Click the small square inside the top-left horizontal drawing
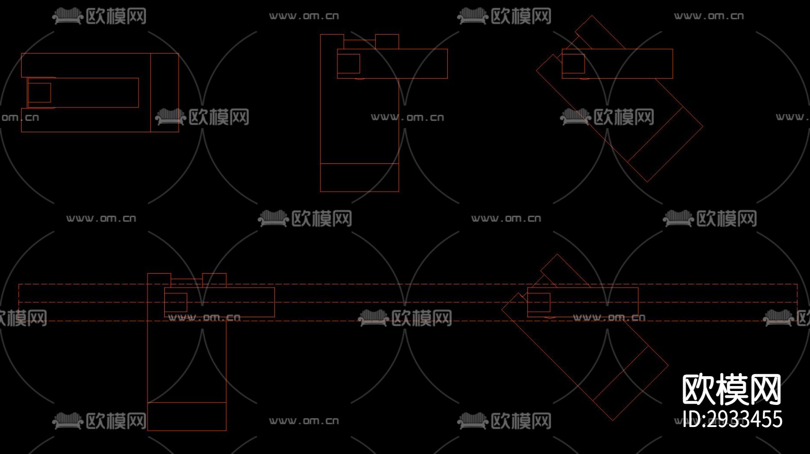tap(39, 93)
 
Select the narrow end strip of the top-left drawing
tap(164, 93)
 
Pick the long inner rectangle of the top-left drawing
tap(94, 93)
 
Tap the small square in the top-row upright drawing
tap(349, 64)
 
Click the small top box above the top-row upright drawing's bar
tap(387, 41)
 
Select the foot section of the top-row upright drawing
tap(360, 177)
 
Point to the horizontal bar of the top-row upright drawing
tap(405, 64)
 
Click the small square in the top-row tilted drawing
tap(573, 64)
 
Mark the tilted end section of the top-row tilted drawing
tap(665, 144)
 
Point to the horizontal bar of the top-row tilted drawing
tap(630, 64)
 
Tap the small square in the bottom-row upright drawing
tap(176, 302)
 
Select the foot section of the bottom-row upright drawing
tap(187, 416)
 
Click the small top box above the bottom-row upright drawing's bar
tap(214, 280)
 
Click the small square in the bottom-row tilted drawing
tap(539, 302)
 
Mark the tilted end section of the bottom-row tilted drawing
tap(630, 383)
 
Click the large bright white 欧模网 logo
tap(732, 390)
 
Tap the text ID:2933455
tap(733, 419)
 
